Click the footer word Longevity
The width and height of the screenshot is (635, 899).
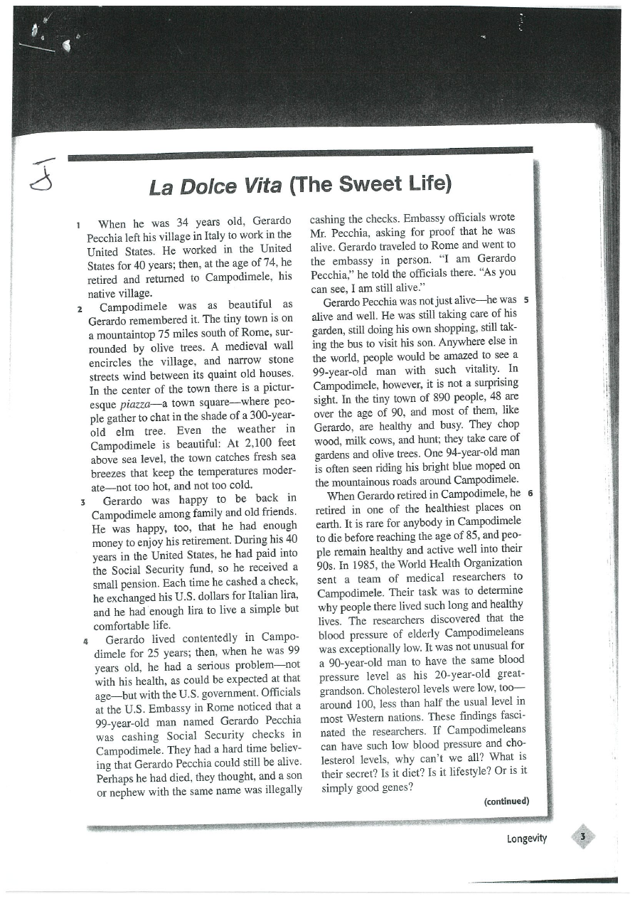(527, 838)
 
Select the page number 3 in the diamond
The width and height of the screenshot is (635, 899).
(583, 837)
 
